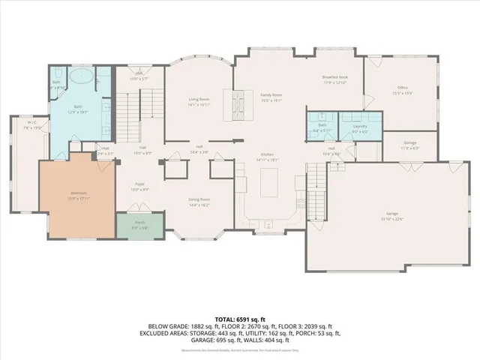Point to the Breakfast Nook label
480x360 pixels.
coord(335,79)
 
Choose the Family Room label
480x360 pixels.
coord(271,97)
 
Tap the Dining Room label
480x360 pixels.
coord(199,201)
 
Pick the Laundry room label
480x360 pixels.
coord(360,129)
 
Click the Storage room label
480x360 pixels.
coord(409,145)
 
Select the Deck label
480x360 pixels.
coord(139,76)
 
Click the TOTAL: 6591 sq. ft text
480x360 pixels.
coord(240,318)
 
